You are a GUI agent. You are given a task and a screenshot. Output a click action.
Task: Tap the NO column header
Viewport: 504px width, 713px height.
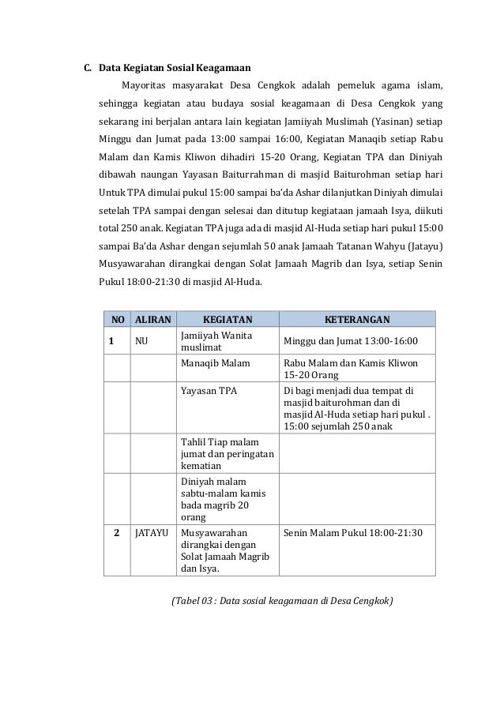118,320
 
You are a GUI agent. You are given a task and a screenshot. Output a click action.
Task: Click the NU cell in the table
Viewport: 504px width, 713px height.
142,341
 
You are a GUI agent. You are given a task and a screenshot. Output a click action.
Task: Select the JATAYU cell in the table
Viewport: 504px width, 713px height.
151,533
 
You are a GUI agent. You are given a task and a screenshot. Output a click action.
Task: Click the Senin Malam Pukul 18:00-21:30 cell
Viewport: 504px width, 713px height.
352,533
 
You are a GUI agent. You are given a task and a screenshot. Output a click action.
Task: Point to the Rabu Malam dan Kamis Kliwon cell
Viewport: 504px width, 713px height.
351,370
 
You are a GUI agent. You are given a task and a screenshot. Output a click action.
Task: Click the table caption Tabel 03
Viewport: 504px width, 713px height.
281,600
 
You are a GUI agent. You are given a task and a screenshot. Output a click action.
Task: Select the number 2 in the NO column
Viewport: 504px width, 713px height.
116,533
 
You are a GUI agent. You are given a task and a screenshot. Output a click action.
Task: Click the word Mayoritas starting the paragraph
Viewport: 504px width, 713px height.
144,84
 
